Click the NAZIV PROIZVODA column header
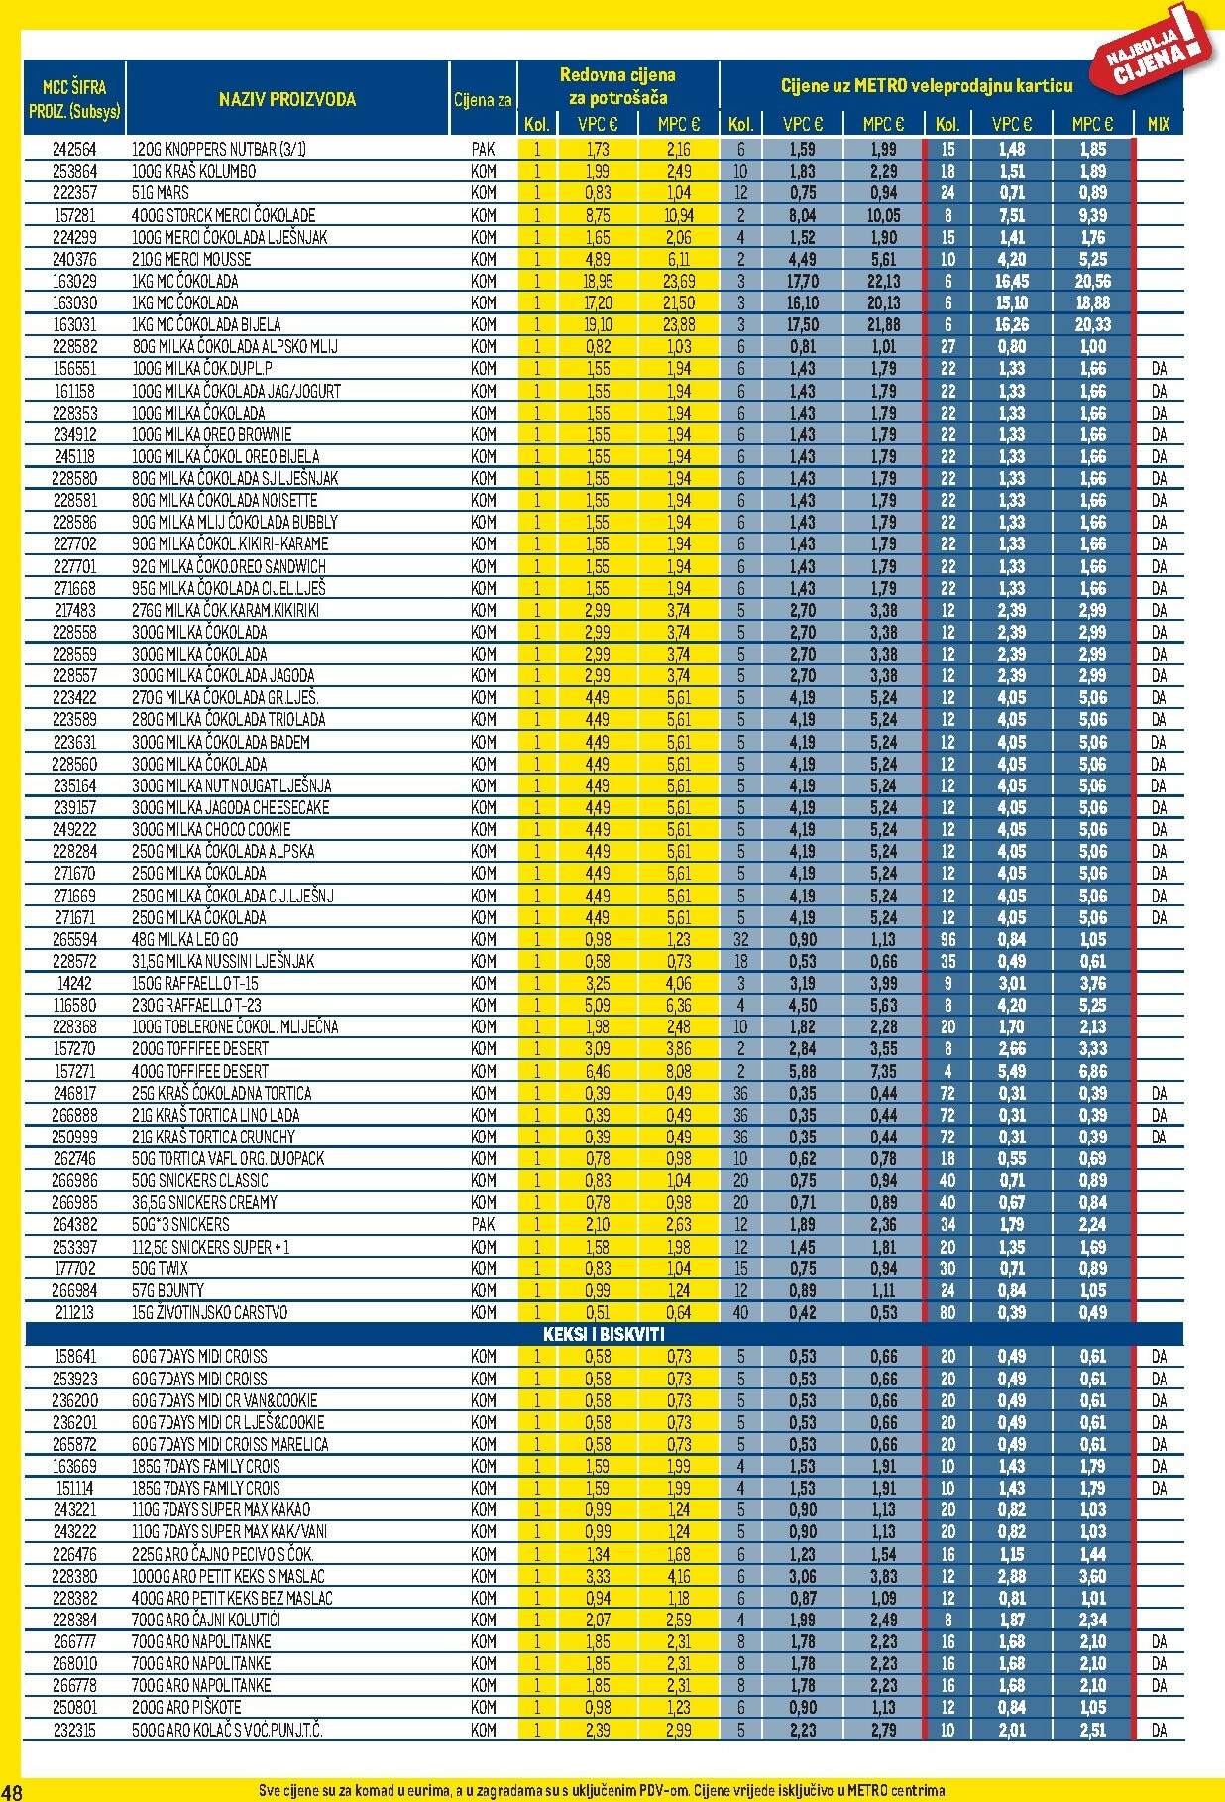(x=286, y=99)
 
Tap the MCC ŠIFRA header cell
(x=74, y=98)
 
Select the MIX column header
(x=1158, y=124)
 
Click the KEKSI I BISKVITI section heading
(x=604, y=1334)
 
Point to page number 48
(x=12, y=1791)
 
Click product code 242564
(x=74, y=150)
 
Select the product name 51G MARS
(x=161, y=193)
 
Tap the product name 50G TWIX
(x=161, y=1268)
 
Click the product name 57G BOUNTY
(x=167, y=1290)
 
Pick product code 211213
(x=74, y=1312)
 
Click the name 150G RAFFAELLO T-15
(x=195, y=983)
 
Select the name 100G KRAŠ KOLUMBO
(x=193, y=172)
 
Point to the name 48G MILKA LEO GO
(x=185, y=939)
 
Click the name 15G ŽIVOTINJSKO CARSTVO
(x=209, y=1312)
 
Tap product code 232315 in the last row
(x=74, y=1730)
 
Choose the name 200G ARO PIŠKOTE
(x=186, y=1708)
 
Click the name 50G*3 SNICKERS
(x=180, y=1225)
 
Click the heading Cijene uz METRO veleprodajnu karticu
(x=927, y=86)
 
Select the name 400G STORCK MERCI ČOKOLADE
(x=223, y=215)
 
